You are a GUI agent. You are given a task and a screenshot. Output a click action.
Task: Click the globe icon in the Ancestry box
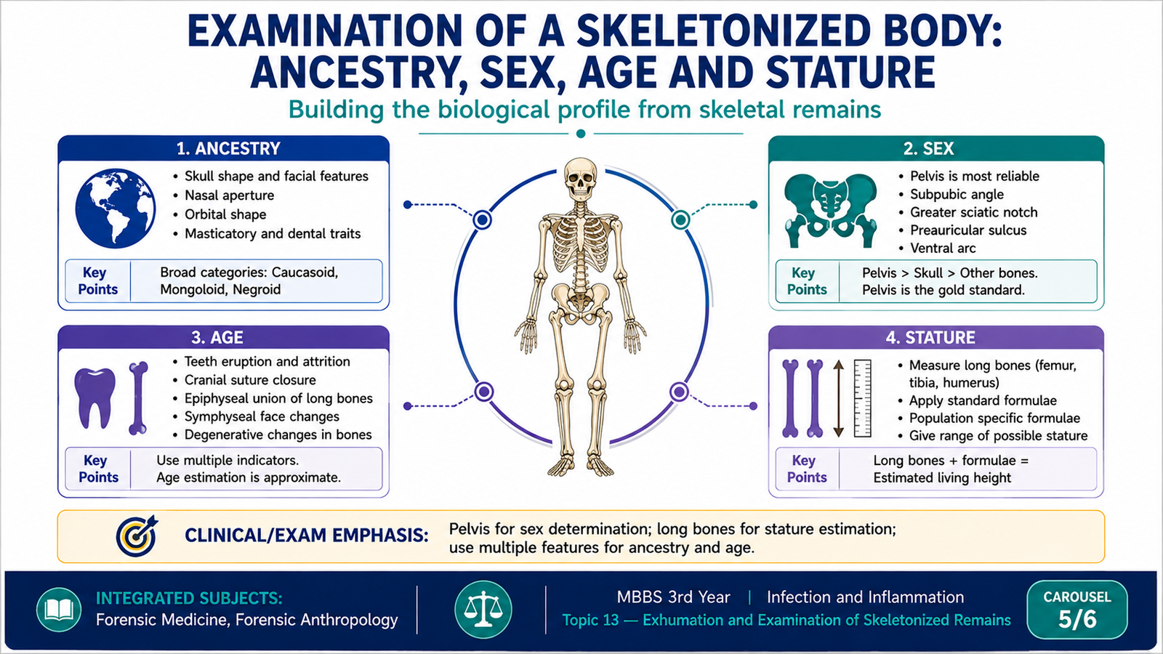coord(116,208)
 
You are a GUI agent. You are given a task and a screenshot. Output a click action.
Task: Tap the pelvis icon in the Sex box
coord(831,210)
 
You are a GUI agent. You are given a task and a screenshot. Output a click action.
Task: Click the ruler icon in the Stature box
coord(862,398)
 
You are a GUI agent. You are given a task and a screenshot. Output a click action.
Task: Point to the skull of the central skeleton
coord(581,179)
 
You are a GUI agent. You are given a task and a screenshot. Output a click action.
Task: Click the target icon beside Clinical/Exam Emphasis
coord(137,535)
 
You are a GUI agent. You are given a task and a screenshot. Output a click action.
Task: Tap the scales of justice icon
coord(483,609)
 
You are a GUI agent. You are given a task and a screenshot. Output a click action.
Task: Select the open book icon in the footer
coord(59,610)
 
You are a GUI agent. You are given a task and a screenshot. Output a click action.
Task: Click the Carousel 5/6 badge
coord(1077,610)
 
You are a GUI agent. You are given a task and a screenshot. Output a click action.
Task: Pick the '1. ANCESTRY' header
coord(228,149)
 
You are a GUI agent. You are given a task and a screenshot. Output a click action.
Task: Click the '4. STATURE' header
coord(930,338)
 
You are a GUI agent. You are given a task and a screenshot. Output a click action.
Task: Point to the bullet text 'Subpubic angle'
coord(957,194)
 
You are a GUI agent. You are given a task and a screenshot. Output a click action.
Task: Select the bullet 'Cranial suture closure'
coord(250,380)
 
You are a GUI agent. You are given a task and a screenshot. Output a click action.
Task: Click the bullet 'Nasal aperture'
coord(229,195)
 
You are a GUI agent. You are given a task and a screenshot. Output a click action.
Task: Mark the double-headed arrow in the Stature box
coord(839,398)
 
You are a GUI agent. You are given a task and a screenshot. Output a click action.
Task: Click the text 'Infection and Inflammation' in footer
coord(866,597)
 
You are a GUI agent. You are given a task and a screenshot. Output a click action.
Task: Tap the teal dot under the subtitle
coord(581,134)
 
